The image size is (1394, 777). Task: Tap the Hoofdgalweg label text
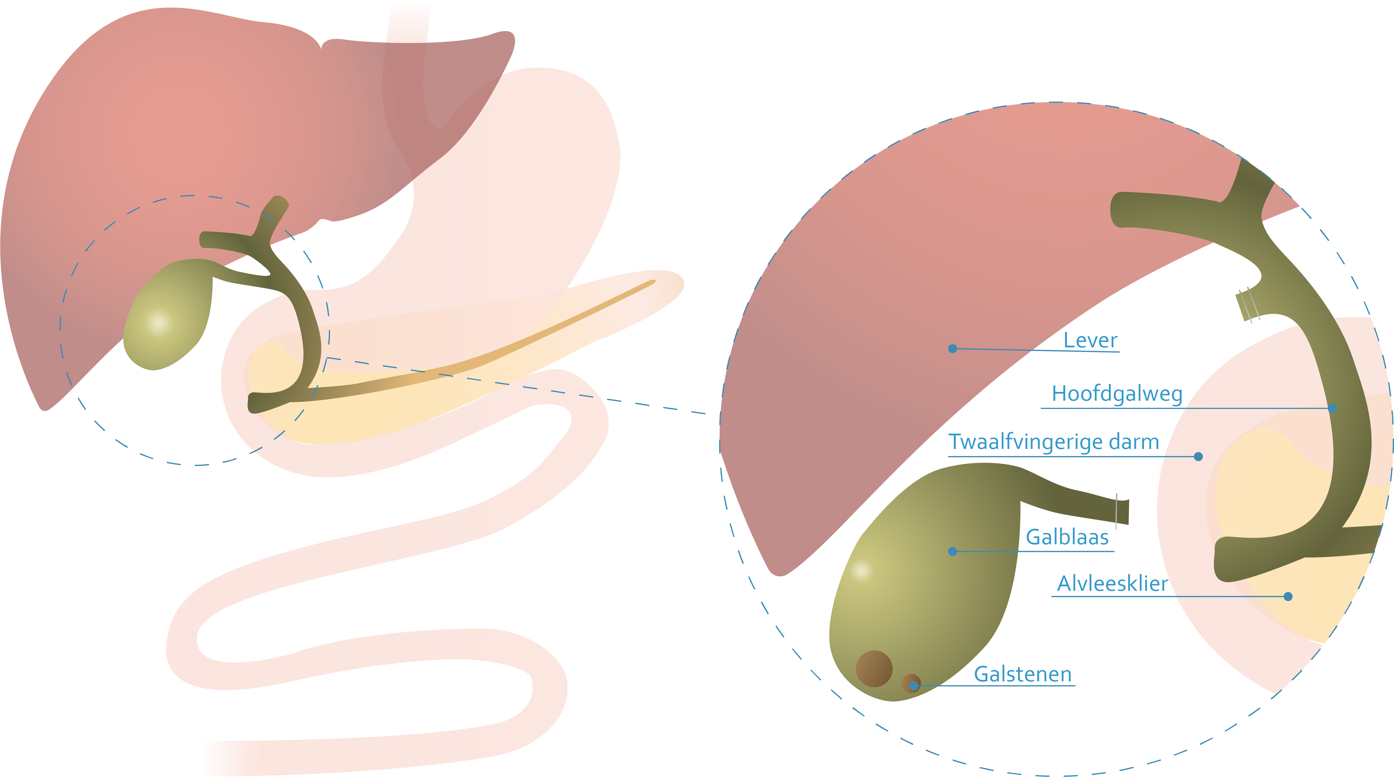[1116, 394]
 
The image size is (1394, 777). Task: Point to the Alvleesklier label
[1112, 584]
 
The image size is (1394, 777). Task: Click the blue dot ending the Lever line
[952, 349]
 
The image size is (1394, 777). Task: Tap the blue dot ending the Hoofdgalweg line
[1332, 408]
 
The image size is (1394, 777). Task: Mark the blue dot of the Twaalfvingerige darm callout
[1198, 456]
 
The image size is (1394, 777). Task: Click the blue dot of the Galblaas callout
[952, 551]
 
